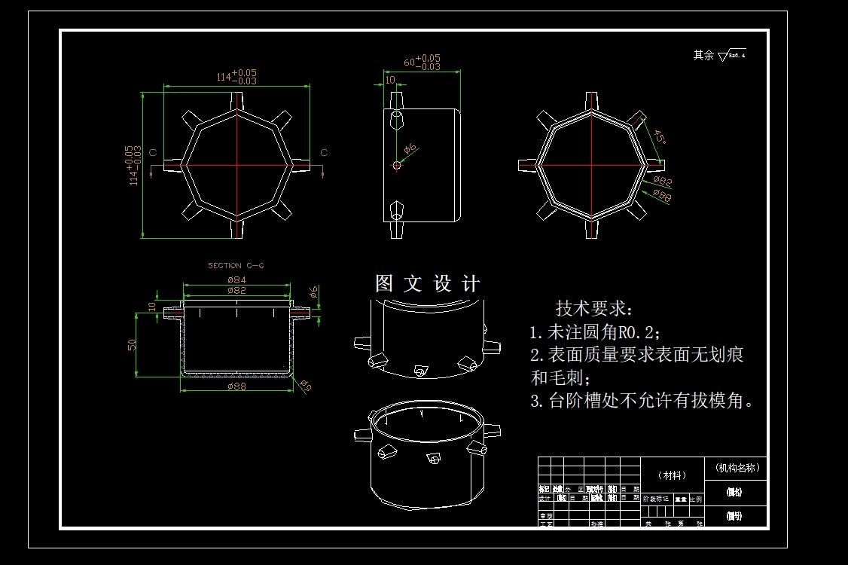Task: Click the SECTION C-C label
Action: [236, 265]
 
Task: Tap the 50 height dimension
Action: [132, 344]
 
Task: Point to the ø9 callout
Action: [305, 387]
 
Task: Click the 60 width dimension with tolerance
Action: [422, 63]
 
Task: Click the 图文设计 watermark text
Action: [427, 284]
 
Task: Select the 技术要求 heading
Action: [595, 308]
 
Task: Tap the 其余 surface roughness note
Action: [719, 55]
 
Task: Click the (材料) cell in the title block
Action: [672, 475]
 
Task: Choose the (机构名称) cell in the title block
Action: [737, 467]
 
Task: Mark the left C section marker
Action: [154, 153]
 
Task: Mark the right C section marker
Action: [325, 153]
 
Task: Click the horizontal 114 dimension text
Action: [236, 75]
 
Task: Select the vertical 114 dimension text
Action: [133, 165]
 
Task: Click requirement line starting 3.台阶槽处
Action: [642, 401]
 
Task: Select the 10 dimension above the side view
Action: [390, 80]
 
